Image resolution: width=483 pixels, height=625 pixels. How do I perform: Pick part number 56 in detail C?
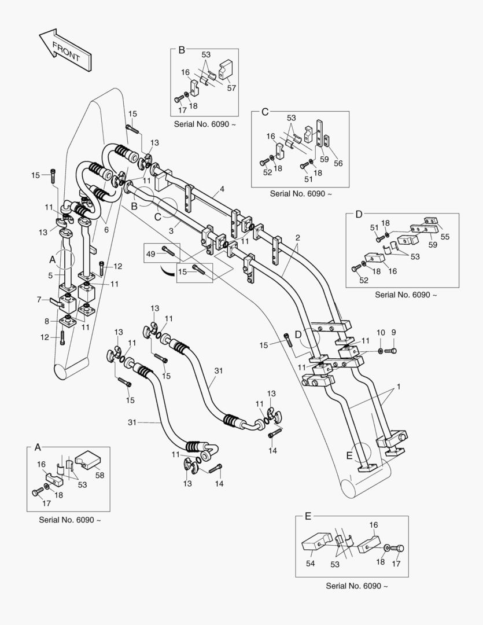pyautogui.click(x=338, y=163)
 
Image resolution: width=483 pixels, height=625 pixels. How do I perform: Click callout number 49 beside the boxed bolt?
pyautogui.click(x=150, y=253)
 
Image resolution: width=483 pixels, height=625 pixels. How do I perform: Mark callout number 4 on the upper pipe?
pyautogui.click(x=222, y=189)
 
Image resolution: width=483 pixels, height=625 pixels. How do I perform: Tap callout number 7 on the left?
pyautogui.click(x=39, y=300)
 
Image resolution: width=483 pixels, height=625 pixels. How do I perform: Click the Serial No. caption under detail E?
pyautogui.click(x=356, y=586)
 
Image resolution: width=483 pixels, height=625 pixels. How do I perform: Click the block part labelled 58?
pyautogui.click(x=89, y=459)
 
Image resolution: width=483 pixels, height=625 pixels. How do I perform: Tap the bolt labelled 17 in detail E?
pyautogui.click(x=399, y=547)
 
